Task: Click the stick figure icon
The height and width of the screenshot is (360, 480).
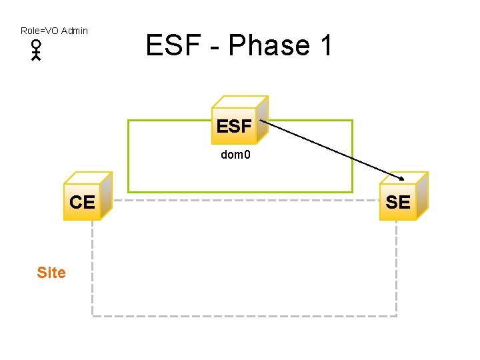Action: (x=36, y=51)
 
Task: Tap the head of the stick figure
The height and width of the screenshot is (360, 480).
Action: (x=36, y=45)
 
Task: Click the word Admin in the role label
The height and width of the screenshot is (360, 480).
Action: (x=74, y=31)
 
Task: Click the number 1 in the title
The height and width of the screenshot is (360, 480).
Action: (x=325, y=46)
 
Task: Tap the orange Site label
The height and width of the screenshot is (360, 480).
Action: (x=51, y=273)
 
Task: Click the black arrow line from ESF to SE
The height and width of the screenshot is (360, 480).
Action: (x=330, y=149)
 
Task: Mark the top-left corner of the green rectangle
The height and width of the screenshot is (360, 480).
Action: (x=128, y=121)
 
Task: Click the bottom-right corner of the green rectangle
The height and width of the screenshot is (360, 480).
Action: (x=353, y=192)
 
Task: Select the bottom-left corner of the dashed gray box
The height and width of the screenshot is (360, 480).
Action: (x=92, y=315)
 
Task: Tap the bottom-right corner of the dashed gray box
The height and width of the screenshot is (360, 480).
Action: (x=397, y=315)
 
